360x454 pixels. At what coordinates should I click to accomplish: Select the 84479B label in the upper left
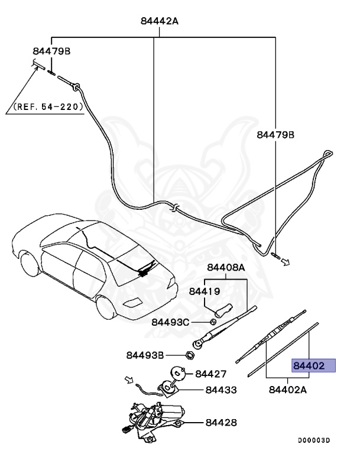pos(51,51)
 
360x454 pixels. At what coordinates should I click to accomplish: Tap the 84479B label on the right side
pos(275,135)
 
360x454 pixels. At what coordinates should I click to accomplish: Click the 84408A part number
pos(225,267)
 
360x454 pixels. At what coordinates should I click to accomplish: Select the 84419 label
pos(205,291)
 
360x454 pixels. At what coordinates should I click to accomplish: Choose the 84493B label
pos(145,355)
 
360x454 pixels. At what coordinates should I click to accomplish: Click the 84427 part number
pos(211,374)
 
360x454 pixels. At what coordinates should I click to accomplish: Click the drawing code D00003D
pos(314,440)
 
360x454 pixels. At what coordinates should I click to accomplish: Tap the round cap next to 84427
pos(178,372)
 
